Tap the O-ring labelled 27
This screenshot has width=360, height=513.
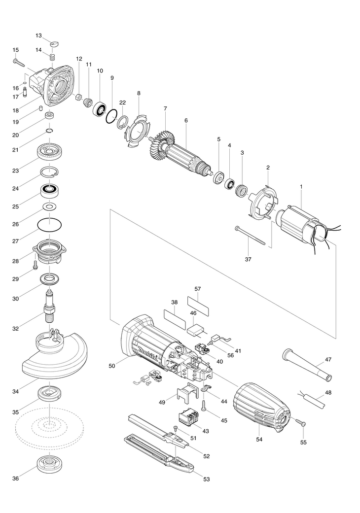[x=50, y=225]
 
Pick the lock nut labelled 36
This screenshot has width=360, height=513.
[x=50, y=464]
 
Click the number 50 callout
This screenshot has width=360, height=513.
[x=111, y=366]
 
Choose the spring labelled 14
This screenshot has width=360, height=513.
[x=52, y=58]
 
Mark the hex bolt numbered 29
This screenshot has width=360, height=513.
[x=36, y=266]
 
